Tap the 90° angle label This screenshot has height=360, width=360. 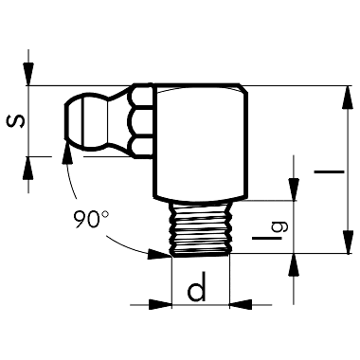(90, 219)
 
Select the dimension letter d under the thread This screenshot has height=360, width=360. (197, 290)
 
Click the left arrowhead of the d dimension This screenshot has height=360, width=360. (162, 304)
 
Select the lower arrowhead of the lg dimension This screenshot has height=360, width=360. (293, 262)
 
